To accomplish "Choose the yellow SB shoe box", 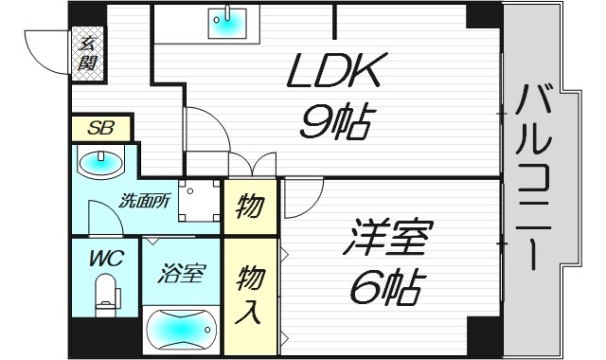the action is [x=99, y=127].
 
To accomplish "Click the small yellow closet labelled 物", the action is [x=249, y=205].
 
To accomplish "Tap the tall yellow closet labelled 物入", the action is [x=249, y=294].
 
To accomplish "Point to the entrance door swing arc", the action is [x=43, y=47].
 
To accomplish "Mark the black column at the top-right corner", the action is [x=483, y=14].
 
